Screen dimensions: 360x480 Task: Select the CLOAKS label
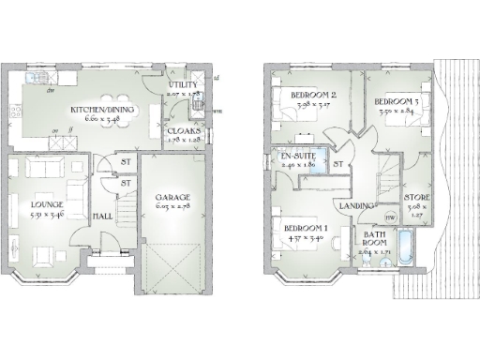tap(184, 132)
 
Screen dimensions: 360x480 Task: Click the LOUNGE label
tap(46, 204)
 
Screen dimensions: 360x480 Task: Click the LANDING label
tap(356, 205)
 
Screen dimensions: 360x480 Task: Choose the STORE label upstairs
tap(417, 197)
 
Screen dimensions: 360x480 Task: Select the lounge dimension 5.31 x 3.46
tap(46, 215)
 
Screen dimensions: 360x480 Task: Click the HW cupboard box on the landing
tap(391, 217)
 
